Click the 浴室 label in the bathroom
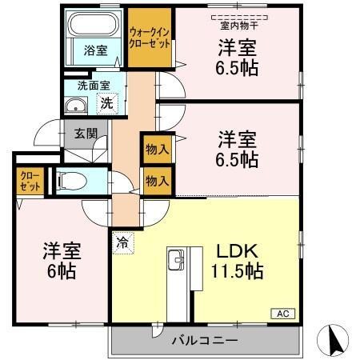pyautogui.click(x=95, y=50)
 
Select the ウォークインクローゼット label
pyautogui.click(x=150, y=38)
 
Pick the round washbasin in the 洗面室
pyautogui.click(x=78, y=105)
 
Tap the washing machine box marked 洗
pyautogui.click(x=106, y=102)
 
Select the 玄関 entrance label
pyautogui.click(x=86, y=134)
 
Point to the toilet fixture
pyautogui.click(x=67, y=180)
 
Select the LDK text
pyautogui.click(x=234, y=250)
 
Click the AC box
pyautogui.click(x=284, y=313)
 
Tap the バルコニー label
pyautogui.click(x=203, y=340)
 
